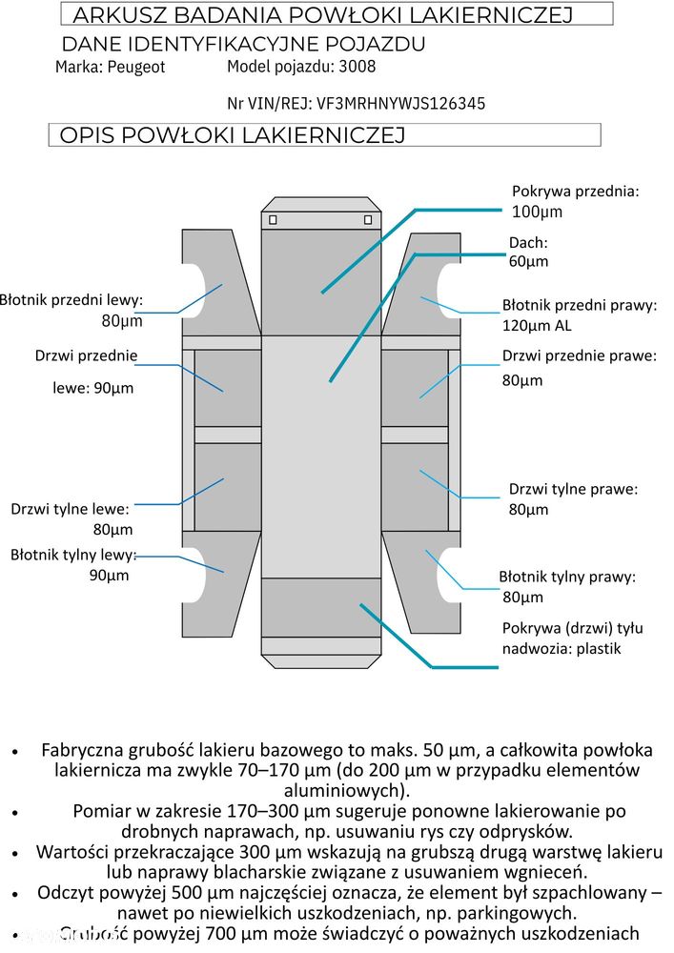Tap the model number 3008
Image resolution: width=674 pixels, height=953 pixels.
357,66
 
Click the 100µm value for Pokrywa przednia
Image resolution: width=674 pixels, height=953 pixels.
538,211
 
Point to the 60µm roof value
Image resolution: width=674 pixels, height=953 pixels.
528,261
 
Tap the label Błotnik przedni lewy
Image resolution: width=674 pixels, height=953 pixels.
71,300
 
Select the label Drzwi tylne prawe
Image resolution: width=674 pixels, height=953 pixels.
573,489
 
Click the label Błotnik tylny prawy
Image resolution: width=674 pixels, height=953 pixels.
566,577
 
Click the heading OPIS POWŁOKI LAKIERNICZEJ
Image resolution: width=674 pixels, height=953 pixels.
233,135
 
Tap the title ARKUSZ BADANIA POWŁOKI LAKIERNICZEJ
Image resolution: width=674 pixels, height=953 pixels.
322,14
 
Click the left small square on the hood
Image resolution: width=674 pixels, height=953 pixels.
273,220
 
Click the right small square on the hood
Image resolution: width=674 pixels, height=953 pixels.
368,220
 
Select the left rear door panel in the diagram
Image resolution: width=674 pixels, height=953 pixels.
227,486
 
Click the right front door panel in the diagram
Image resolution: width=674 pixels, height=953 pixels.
415,387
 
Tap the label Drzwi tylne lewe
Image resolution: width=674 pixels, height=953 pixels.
70,509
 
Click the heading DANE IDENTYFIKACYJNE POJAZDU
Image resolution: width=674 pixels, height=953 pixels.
243,44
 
